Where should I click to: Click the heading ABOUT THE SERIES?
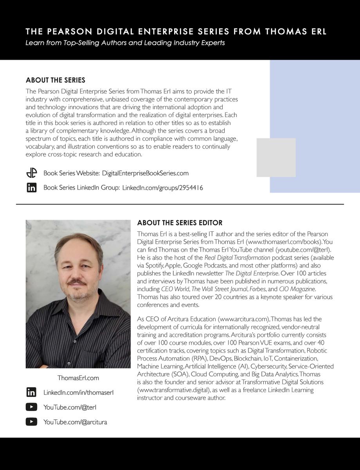55,80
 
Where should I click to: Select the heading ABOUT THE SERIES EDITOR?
180,223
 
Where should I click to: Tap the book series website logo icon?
31,173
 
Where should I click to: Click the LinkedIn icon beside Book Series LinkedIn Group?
31,188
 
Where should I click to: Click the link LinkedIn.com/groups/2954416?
162,188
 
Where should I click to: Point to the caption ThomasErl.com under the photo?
78,378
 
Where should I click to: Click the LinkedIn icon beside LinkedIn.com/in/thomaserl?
31,392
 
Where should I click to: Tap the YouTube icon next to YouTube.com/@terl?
31,407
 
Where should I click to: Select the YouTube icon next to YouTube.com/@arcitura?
31,422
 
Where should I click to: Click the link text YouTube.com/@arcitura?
75,422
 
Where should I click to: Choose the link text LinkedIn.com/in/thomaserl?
78,392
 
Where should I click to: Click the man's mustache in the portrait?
76,282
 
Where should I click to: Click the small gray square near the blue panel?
276,157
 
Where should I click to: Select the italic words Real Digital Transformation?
237,258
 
